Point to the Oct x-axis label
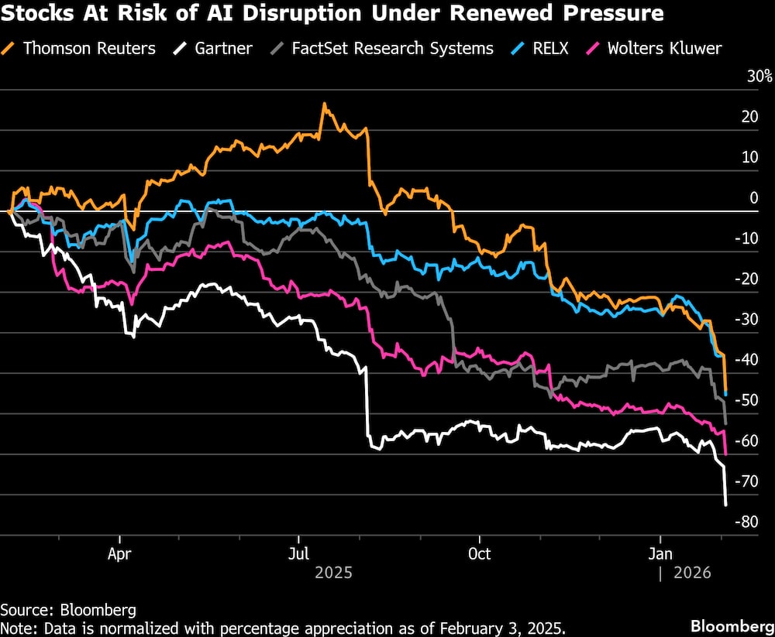(480, 554)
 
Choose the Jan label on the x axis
(660, 554)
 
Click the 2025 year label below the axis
(333, 574)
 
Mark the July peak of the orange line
(324, 104)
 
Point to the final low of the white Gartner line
(725, 505)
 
